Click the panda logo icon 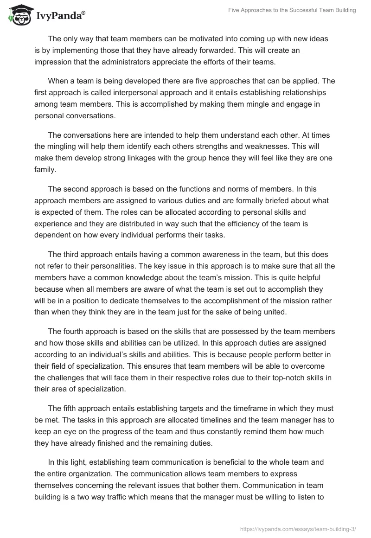tap(17, 16)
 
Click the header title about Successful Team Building tap(292, 10)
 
